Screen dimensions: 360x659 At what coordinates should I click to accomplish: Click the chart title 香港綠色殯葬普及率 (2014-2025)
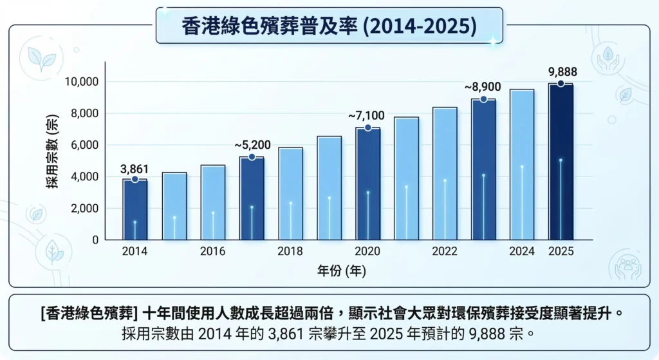pyautogui.click(x=329, y=26)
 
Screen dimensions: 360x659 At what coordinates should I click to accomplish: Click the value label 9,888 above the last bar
pyautogui.click(x=562, y=71)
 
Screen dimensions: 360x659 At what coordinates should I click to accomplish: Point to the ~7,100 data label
pyautogui.click(x=366, y=116)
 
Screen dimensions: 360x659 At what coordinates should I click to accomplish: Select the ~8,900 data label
pyautogui.click(x=483, y=87)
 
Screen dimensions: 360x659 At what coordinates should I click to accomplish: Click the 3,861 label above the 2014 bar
pyautogui.click(x=135, y=168)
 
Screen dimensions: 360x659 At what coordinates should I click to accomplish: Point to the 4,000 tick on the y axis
pyautogui.click(x=83, y=176)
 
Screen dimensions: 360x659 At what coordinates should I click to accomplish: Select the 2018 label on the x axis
pyautogui.click(x=290, y=251)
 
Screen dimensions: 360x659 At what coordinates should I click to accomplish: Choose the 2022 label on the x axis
pyautogui.click(x=445, y=251)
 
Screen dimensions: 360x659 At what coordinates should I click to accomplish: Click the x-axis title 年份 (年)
pyautogui.click(x=342, y=271)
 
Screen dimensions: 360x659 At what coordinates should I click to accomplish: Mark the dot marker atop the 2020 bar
pyautogui.click(x=367, y=128)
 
